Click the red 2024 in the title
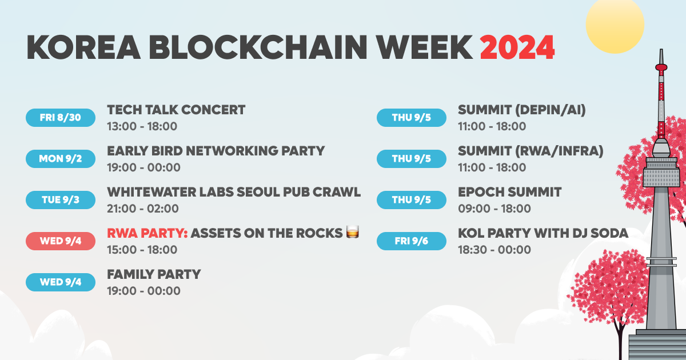(x=517, y=47)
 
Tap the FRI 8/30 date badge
(x=61, y=118)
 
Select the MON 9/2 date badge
(x=61, y=159)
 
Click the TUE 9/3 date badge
(x=61, y=200)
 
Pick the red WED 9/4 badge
(x=61, y=241)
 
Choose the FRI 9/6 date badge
(x=411, y=241)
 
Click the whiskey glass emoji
(x=353, y=233)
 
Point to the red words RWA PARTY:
(x=147, y=233)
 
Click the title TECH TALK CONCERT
(x=176, y=110)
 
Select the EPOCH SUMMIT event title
(x=509, y=192)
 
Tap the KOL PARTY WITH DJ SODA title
(x=543, y=233)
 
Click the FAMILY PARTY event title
(x=154, y=274)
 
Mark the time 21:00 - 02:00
(x=143, y=209)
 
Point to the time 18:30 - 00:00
(x=494, y=250)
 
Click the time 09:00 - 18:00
(x=494, y=209)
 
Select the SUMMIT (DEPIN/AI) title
(x=521, y=110)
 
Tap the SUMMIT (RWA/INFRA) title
(x=531, y=151)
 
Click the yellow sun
(x=615, y=24)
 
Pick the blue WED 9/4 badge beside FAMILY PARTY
(x=61, y=282)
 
